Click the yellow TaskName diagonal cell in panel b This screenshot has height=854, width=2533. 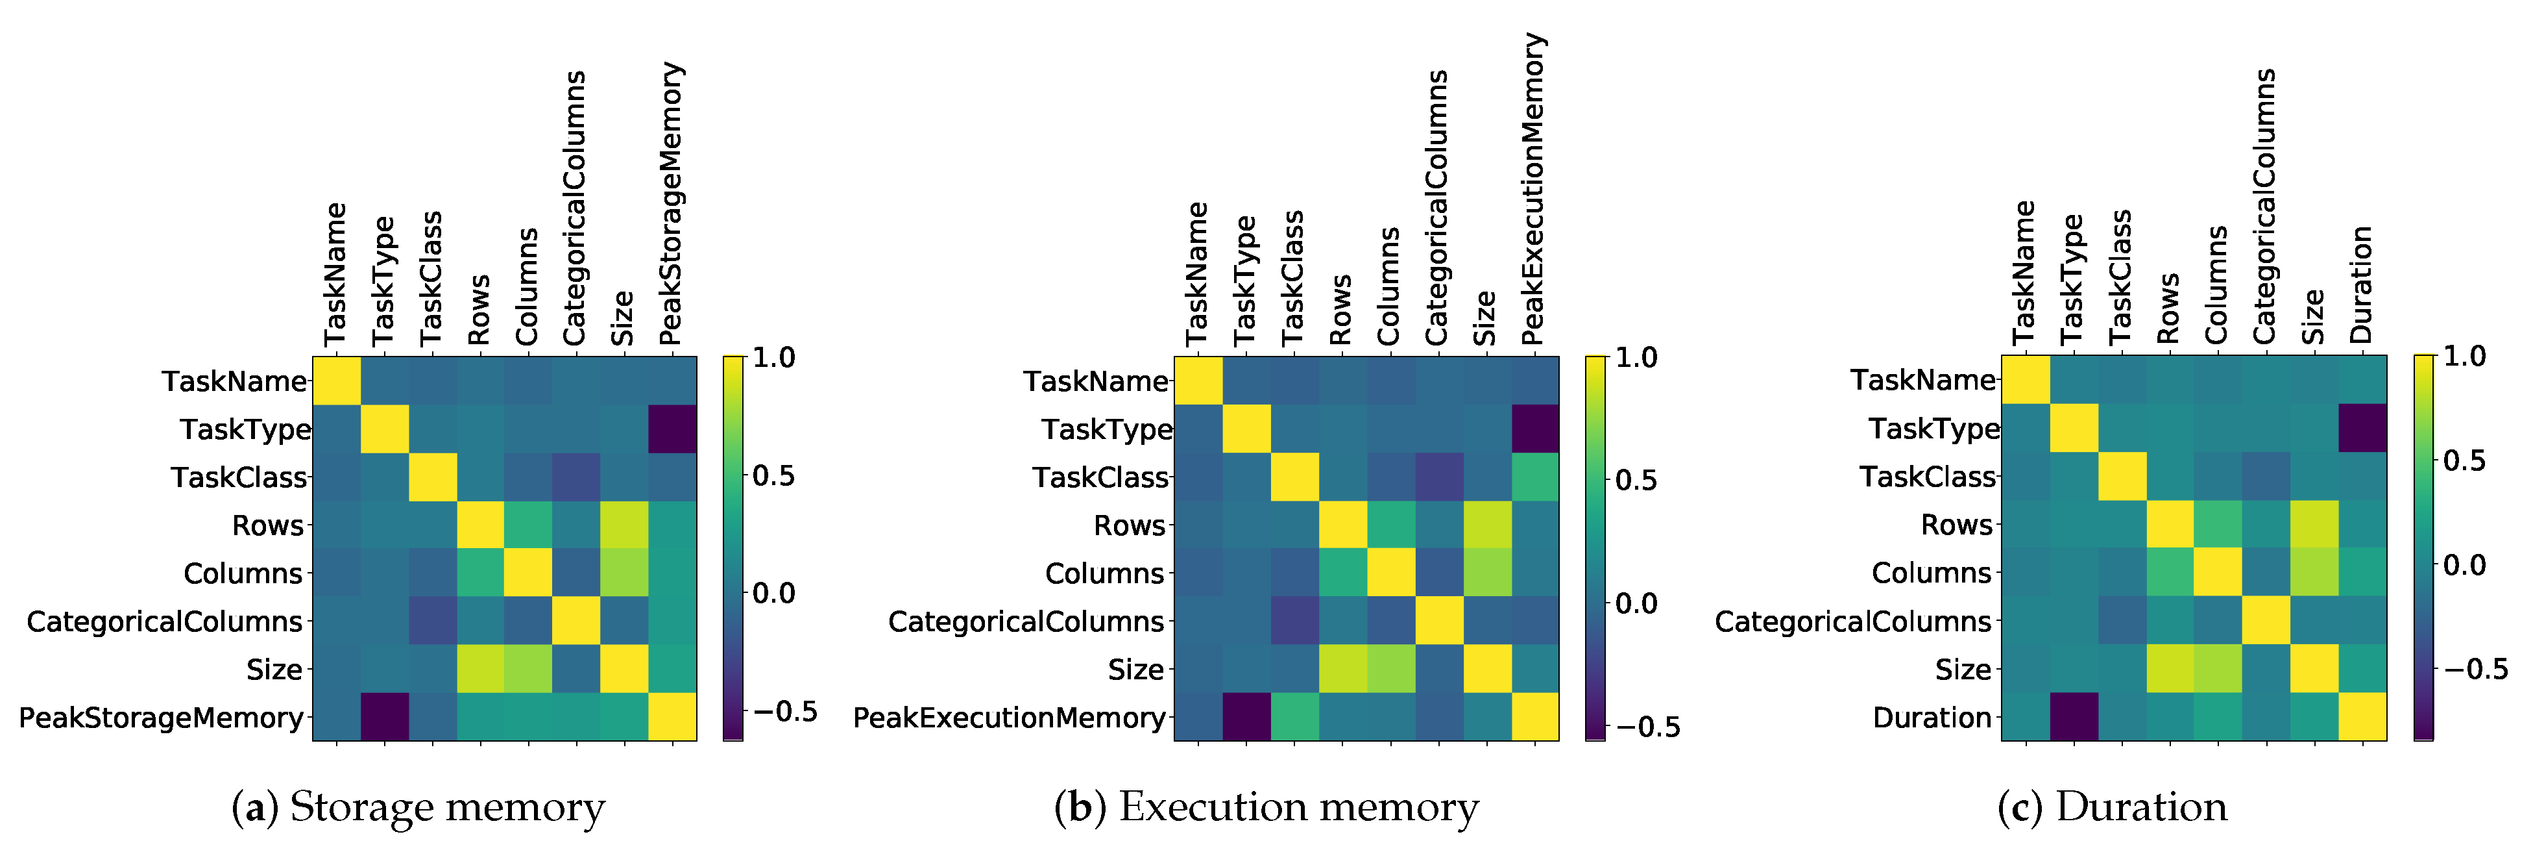point(1198,381)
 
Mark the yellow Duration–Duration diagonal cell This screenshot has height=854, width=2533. point(2363,716)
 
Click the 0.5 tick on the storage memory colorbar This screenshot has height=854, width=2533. point(774,475)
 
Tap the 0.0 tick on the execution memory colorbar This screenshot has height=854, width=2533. point(1636,603)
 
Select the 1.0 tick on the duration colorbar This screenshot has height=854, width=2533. point(2464,356)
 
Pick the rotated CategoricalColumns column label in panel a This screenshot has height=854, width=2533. point(574,208)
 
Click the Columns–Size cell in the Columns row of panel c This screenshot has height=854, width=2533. point(2315,573)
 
